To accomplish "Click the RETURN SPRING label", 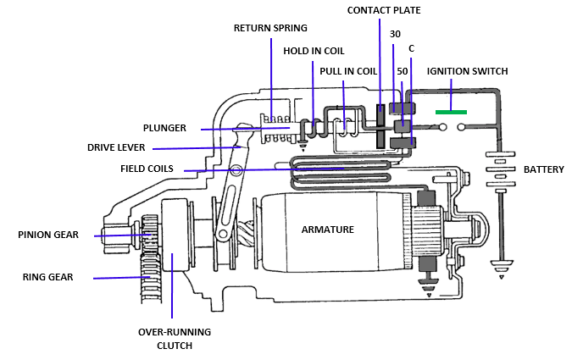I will tap(270, 28).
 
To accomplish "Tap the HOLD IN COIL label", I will tap(314, 51).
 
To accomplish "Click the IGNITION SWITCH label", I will tap(467, 71).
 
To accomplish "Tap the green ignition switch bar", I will tap(451, 111).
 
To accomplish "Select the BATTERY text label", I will tap(543, 169).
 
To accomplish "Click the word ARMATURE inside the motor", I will tap(328, 230).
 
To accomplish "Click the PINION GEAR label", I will tap(47, 235).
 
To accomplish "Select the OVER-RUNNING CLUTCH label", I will tap(175, 338).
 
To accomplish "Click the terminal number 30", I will tap(395, 34).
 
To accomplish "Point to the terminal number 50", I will tap(403, 72).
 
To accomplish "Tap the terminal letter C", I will tap(411, 48).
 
